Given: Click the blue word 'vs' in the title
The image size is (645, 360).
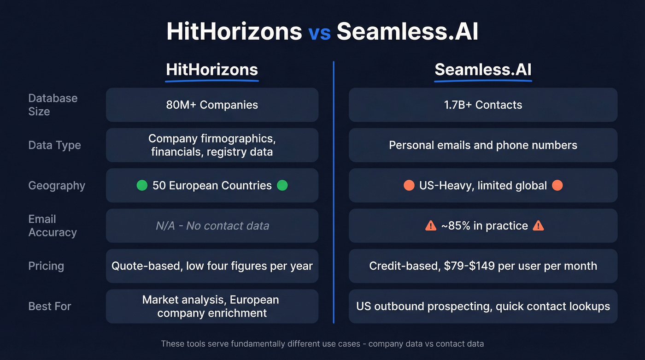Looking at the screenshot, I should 319,32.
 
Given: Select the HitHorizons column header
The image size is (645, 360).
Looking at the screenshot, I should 212,70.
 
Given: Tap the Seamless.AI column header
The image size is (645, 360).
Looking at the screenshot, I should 483,70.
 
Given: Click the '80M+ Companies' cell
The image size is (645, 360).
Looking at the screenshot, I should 212,105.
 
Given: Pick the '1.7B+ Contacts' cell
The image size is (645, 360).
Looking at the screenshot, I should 483,105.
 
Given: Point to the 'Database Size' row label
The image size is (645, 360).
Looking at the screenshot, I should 53,105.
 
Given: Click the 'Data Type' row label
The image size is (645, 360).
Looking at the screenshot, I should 54,145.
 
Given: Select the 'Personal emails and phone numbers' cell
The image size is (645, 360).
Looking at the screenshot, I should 483,145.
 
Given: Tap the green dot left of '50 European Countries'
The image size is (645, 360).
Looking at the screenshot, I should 142,185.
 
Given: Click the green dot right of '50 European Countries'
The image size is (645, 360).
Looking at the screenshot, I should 282,185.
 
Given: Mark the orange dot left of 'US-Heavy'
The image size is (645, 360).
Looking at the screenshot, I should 409,185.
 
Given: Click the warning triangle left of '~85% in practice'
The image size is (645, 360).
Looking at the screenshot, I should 430,226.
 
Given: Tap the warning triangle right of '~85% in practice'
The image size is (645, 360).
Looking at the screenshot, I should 538,226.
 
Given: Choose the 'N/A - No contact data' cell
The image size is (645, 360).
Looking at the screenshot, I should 212,226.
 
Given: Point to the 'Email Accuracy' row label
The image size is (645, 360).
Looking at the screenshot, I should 52,226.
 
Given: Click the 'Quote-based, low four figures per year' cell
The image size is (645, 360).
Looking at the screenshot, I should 212,266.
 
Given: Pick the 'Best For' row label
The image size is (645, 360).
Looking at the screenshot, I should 50,307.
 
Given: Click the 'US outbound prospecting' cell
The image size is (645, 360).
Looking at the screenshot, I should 483,307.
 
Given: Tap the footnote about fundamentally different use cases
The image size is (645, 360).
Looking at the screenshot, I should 322,344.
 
